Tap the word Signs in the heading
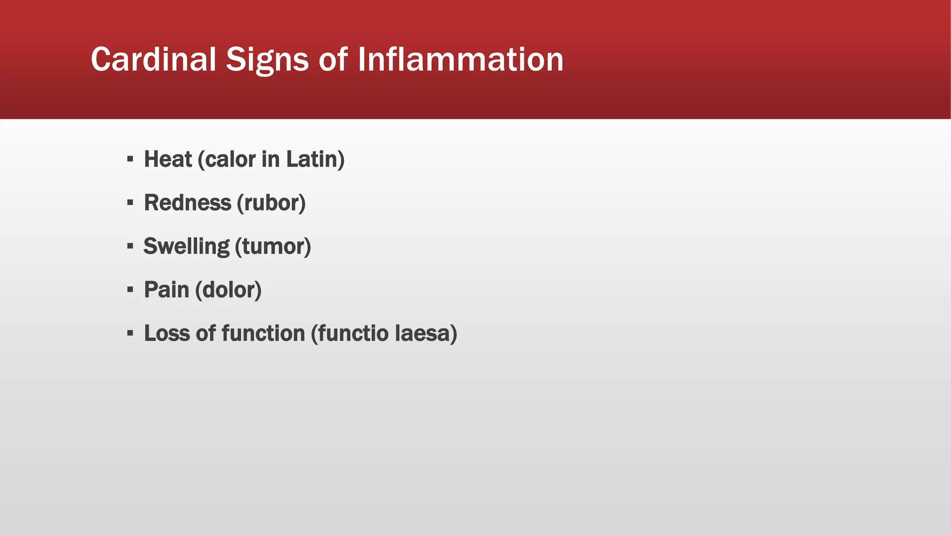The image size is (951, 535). [267, 60]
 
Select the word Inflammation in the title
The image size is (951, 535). [461, 59]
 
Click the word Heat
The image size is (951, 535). [168, 159]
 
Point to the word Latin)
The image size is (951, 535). [315, 159]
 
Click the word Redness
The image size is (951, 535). [188, 203]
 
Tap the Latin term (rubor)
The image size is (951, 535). [271, 203]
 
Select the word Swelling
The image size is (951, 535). [186, 247]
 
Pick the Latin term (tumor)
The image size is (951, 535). [273, 247]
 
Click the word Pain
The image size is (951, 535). [166, 290]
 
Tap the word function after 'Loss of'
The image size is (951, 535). [263, 333]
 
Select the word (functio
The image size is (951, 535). [350, 333]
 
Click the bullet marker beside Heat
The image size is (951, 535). [130, 159]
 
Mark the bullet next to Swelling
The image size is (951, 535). [130, 246]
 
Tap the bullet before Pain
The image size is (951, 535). [130, 290]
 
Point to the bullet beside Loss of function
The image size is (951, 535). [130, 333]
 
